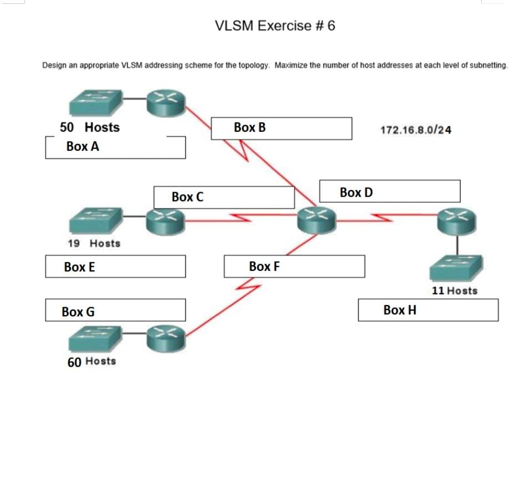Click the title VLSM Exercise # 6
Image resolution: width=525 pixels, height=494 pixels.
[275, 26]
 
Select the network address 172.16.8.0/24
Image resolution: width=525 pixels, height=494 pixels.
[415, 130]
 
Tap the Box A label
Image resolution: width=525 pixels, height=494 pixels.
[83, 147]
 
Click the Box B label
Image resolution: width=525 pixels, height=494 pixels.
[250, 127]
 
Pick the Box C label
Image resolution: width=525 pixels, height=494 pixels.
[187, 197]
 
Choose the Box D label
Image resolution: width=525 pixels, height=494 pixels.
[356, 193]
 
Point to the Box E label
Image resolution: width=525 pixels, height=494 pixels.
[79, 267]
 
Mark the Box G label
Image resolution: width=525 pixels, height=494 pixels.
[78, 312]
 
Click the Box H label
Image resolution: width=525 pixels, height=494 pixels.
[399, 310]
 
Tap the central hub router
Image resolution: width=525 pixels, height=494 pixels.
[316, 220]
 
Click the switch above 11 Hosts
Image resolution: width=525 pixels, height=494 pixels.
[456, 269]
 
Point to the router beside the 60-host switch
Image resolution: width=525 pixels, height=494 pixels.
[166, 338]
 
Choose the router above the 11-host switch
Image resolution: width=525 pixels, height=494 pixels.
[456, 222]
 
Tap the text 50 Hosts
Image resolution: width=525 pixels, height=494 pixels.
[90, 127]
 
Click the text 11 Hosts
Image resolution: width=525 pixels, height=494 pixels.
[454, 291]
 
